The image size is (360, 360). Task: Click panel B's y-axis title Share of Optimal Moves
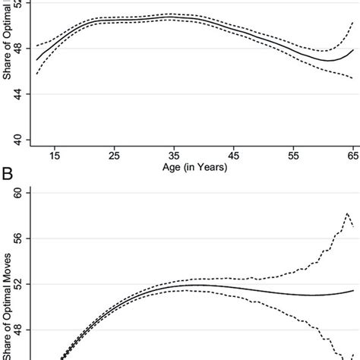click(x=9, y=289)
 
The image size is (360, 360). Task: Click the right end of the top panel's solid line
click(x=353, y=50)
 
